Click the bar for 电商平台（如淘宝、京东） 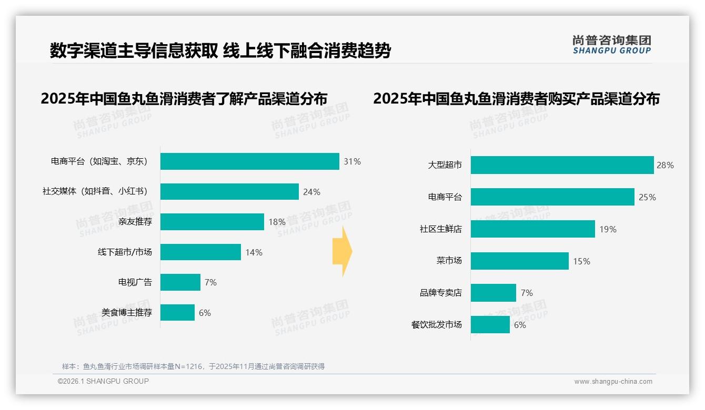click(249, 161)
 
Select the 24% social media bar click(229, 192)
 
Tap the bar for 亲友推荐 click(212, 222)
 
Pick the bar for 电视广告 click(180, 282)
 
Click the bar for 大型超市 click(562, 165)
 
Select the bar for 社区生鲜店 click(532, 229)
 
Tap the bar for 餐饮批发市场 click(490, 324)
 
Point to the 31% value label click(352, 161)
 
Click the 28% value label click(665, 165)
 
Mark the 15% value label click(581, 261)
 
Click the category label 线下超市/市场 click(125, 252)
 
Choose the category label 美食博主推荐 click(127, 313)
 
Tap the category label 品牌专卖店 click(440, 293)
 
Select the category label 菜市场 click(449, 261)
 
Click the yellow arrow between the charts click(343, 252)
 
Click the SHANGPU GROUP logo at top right click(611, 44)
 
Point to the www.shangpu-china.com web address click(613, 382)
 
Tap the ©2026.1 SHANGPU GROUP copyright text click(103, 381)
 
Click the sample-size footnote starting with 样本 click(193, 366)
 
